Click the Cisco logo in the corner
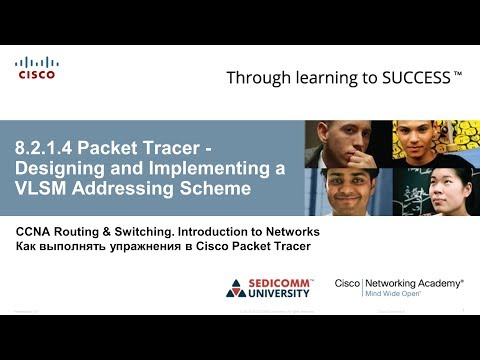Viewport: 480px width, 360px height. click(36, 68)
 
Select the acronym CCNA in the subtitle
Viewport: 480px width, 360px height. click(36, 232)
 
